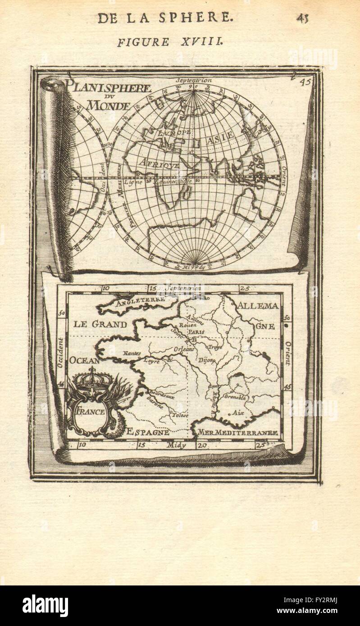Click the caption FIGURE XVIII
[x=169, y=42]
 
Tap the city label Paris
[x=196, y=331]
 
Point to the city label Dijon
[x=206, y=360]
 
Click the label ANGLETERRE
[x=140, y=301]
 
